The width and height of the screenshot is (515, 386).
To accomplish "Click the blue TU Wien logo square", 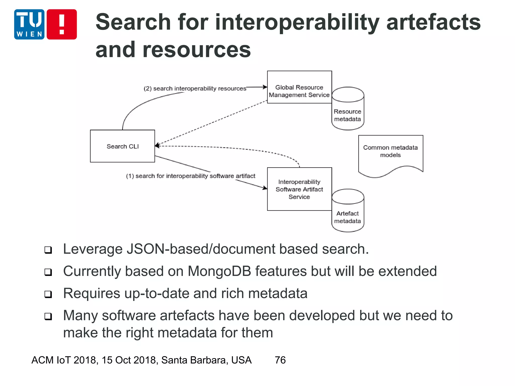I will point(29,24).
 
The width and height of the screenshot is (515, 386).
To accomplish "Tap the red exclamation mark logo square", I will point(62,24).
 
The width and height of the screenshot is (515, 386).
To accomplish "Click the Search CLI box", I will point(122,146).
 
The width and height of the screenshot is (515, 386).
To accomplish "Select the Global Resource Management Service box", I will point(299,87).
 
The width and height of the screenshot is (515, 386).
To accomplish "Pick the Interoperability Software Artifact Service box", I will point(299,189).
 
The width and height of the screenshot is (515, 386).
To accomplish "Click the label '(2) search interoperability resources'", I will point(195,88).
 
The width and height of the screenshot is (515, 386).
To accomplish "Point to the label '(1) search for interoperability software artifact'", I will point(191,176).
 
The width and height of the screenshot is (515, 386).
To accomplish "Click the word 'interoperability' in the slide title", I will point(297,22).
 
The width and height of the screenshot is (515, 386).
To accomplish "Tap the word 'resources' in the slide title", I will point(197,50).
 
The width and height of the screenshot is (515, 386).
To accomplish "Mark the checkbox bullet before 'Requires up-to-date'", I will point(48,294).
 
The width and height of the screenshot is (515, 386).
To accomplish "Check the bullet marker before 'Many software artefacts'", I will point(48,316).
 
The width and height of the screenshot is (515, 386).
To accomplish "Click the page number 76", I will point(280,360).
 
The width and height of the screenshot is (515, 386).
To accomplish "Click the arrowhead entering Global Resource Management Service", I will point(265,87).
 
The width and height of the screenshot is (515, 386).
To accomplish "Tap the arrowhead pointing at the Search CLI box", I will point(157,146).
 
